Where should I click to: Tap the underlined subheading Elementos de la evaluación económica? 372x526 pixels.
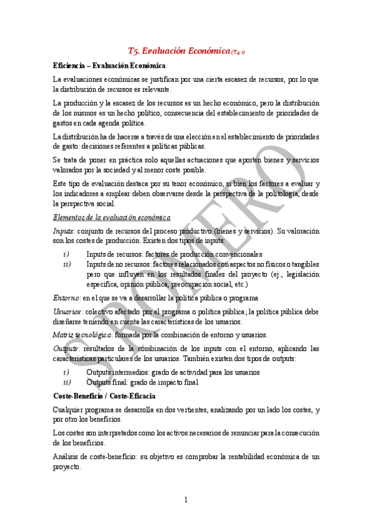(112, 217)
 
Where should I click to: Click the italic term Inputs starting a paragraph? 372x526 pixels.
(63, 231)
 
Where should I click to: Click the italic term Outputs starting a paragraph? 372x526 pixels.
(65, 349)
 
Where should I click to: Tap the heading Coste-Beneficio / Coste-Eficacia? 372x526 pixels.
(104, 396)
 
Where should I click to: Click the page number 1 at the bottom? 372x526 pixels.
(186, 500)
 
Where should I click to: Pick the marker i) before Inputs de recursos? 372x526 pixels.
(66, 254)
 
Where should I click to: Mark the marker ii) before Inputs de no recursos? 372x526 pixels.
(67, 264)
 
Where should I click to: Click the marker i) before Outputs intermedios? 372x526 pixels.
(66, 372)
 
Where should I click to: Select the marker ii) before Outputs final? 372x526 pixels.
(67, 382)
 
